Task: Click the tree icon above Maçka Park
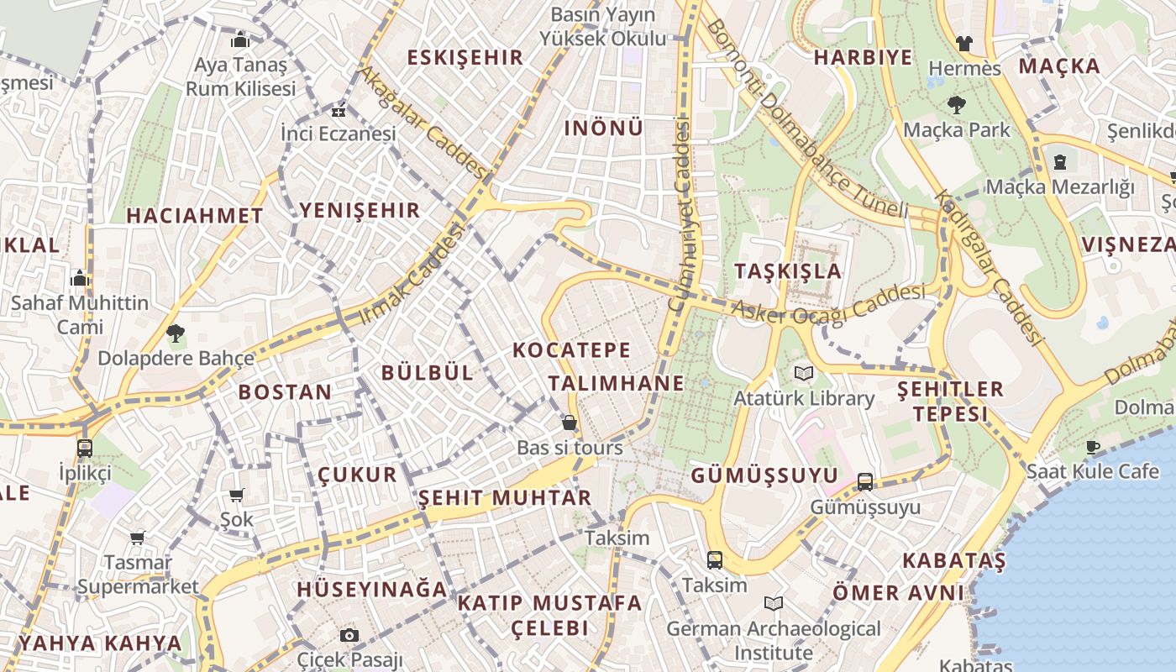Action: tap(956, 105)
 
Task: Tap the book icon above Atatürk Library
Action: tap(804, 373)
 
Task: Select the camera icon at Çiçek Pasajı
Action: tap(349, 635)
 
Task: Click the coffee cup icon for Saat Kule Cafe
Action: tap(1093, 447)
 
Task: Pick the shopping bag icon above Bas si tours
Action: tap(570, 423)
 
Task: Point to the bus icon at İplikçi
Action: tap(85, 449)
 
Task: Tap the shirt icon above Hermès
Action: tap(964, 43)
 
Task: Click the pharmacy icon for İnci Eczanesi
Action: tap(338, 111)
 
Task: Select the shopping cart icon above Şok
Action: tap(237, 496)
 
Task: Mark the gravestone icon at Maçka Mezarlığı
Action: tap(1060, 161)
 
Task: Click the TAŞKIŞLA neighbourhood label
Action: tap(787, 270)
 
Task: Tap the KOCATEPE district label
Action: tap(571, 349)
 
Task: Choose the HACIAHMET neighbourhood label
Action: tap(195, 216)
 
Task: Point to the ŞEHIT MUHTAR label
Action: tap(505, 497)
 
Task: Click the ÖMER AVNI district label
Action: tap(898, 593)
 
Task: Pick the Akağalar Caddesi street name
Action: tap(423, 123)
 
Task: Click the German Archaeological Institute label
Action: tap(774, 640)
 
